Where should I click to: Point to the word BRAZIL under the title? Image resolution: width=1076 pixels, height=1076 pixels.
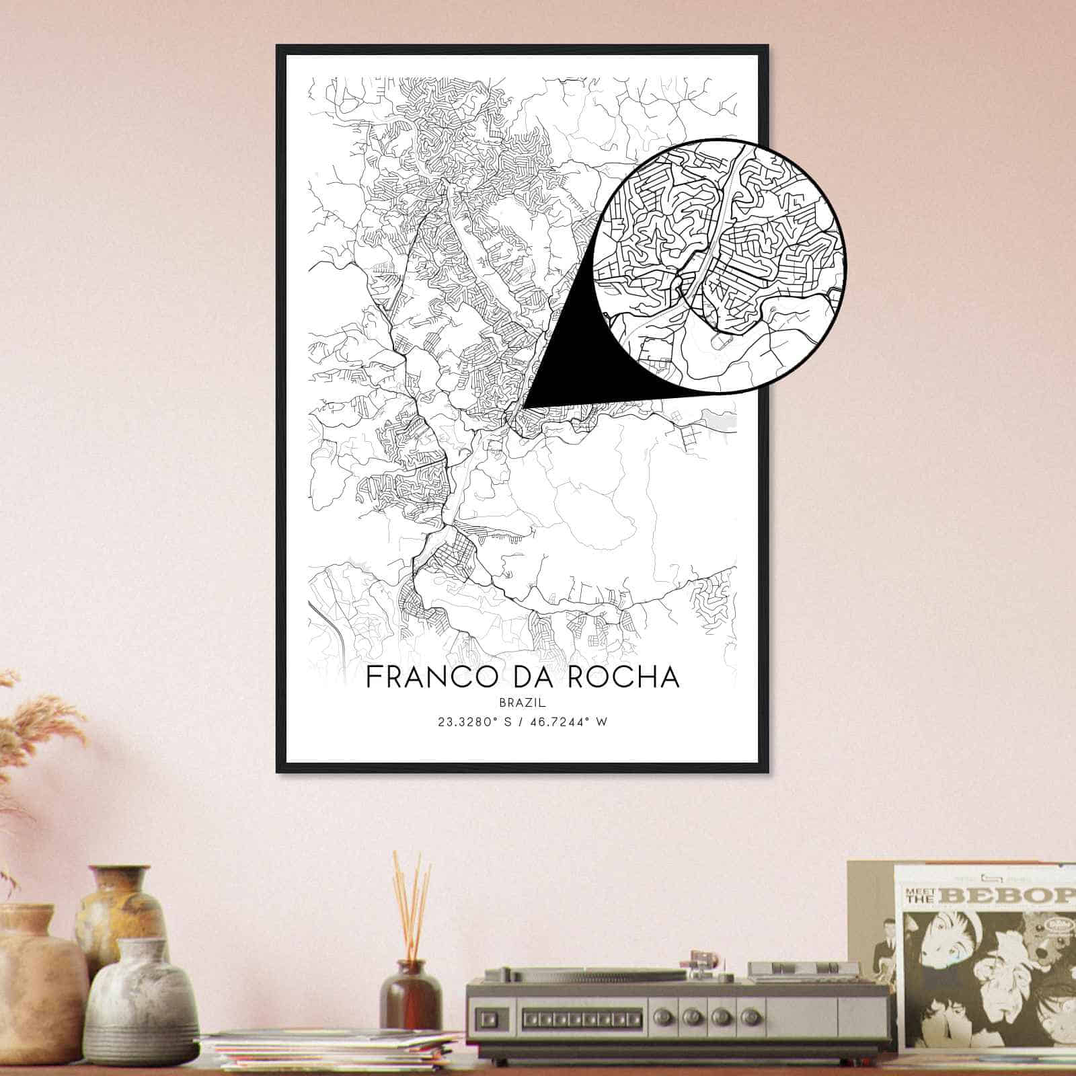pyautogui.click(x=523, y=702)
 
